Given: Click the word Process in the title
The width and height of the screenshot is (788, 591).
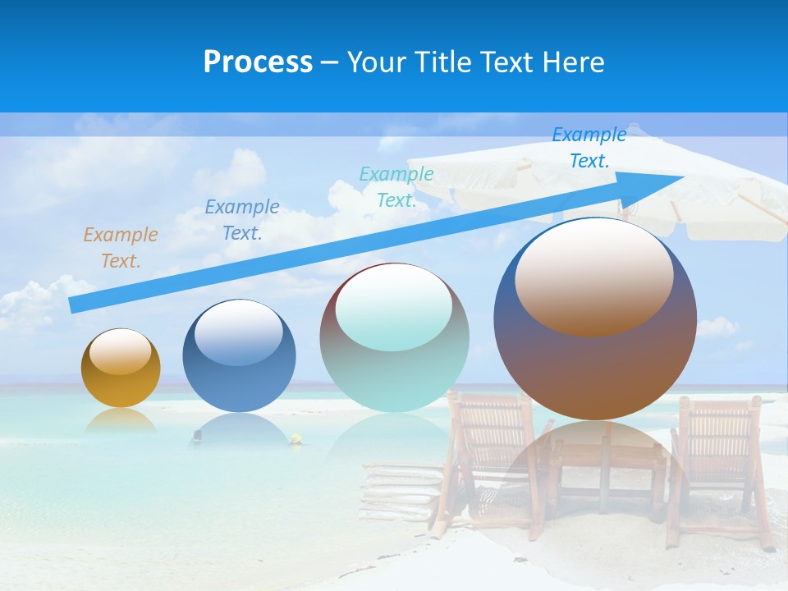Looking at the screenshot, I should coord(258,62).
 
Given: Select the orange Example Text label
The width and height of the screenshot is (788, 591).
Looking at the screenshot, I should coord(121,247).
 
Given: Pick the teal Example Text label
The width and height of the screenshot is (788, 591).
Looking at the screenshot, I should coord(396,186).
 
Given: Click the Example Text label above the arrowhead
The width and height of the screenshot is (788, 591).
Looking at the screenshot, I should coord(589,148).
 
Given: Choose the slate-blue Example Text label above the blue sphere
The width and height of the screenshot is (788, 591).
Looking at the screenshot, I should coord(242,219).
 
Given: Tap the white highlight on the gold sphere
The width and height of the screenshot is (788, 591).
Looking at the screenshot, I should coord(120,351).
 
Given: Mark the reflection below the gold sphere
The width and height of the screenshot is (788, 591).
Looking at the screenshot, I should coord(120,420).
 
